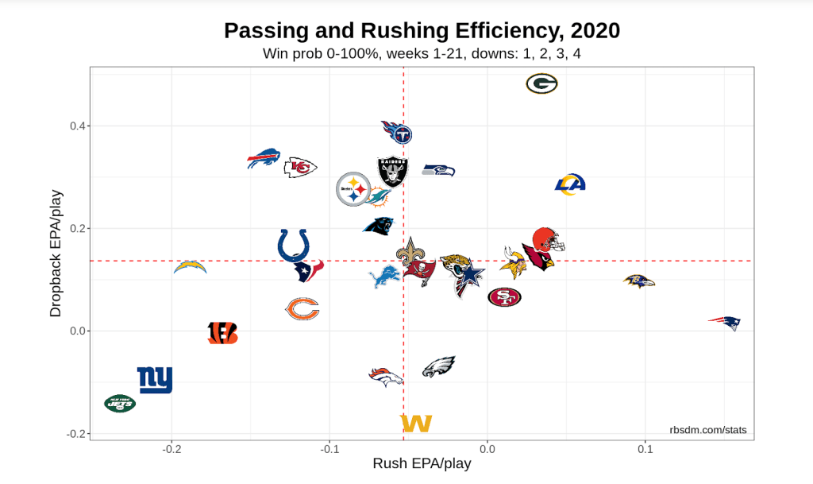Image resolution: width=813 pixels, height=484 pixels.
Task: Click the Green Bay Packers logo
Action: pyautogui.click(x=541, y=83)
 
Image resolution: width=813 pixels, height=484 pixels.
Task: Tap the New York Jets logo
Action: pyautogui.click(x=120, y=404)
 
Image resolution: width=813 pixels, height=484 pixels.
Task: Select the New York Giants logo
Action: pyautogui.click(x=155, y=380)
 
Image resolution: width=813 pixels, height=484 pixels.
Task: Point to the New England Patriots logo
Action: pyautogui.click(x=724, y=323)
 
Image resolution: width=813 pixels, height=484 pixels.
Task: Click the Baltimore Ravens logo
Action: pyautogui.click(x=639, y=281)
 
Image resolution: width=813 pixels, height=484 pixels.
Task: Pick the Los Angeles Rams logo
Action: pyautogui.click(x=570, y=184)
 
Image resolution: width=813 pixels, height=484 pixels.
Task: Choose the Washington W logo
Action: pyautogui.click(x=416, y=424)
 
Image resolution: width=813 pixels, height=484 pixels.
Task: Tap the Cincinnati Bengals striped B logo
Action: pyautogui.click(x=222, y=333)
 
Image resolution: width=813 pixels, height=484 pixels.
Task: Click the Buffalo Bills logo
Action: pyautogui.click(x=264, y=158)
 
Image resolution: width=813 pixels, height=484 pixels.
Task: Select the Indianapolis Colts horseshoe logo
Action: pyautogui.click(x=293, y=246)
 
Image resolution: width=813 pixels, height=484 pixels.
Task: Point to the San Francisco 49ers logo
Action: pyautogui.click(x=504, y=297)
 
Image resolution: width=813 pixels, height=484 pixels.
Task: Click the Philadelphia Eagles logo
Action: pyautogui.click(x=438, y=366)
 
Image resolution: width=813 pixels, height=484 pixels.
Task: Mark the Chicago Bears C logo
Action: pyautogui.click(x=302, y=308)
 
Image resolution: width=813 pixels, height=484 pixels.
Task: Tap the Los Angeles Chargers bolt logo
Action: pyautogui.click(x=191, y=267)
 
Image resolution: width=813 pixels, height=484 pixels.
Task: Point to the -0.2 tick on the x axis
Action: pyautogui.click(x=171, y=449)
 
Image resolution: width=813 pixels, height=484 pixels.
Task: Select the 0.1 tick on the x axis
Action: pyautogui.click(x=645, y=449)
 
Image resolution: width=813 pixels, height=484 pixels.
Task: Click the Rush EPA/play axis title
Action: pyautogui.click(x=422, y=464)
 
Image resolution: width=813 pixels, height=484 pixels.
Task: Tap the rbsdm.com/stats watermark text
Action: pyautogui.click(x=707, y=430)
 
